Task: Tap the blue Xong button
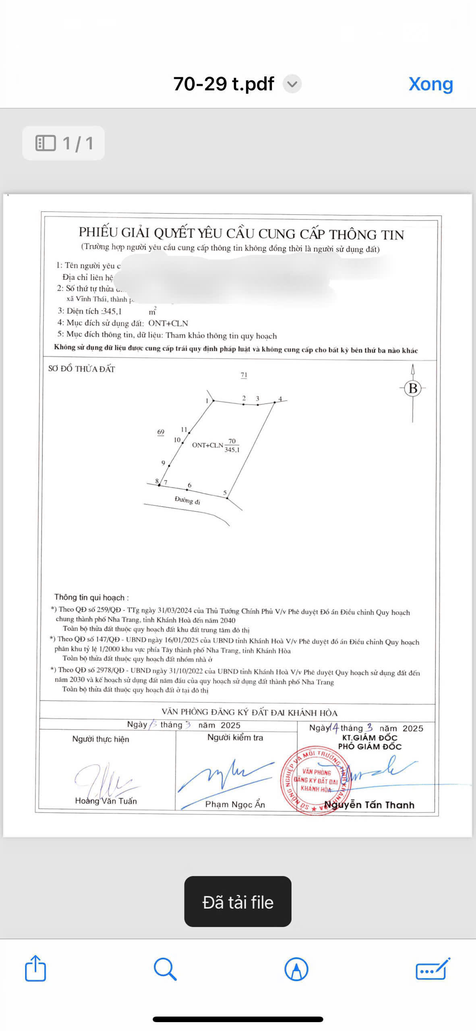430,84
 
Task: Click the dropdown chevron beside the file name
292,84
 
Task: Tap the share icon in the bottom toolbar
35,968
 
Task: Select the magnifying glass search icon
165,969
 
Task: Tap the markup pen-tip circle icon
296,969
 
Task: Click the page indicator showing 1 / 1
64,143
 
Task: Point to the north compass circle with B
413,388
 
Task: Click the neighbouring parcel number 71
244,375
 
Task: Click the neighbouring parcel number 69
161,432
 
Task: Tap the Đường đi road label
187,501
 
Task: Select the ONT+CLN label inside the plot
207,445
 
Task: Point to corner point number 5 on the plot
227,498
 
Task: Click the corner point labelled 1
213,401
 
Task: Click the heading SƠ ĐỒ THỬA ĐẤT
82,369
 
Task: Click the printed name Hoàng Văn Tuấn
106,801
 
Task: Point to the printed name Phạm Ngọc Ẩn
235,804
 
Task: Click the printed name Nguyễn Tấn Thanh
369,805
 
